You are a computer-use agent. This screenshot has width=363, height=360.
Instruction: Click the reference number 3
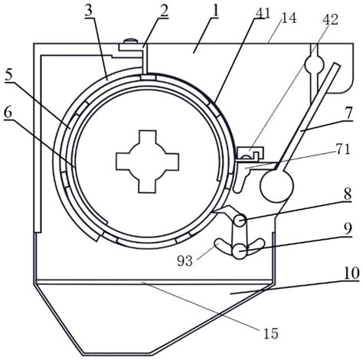click(x=90, y=11)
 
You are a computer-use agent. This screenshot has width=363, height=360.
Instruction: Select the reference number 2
click(x=163, y=11)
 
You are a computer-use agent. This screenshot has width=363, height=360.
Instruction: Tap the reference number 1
click(x=215, y=11)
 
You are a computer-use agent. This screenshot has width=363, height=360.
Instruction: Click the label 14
click(x=289, y=18)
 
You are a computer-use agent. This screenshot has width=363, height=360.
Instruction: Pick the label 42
click(x=331, y=20)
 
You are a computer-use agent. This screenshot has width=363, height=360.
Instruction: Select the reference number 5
click(x=9, y=75)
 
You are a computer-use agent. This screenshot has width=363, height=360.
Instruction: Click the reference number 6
click(x=8, y=113)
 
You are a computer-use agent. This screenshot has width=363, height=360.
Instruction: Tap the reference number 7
click(x=348, y=113)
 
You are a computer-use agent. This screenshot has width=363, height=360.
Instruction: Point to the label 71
click(x=343, y=149)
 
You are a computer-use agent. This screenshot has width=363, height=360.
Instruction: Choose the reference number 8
click(x=348, y=195)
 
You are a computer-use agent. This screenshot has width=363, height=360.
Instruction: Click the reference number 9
click(x=348, y=229)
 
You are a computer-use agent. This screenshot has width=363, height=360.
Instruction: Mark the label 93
click(x=185, y=261)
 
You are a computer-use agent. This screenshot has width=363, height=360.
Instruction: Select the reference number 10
click(x=352, y=273)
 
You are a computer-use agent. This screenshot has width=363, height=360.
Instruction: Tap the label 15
click(x=271, y=333)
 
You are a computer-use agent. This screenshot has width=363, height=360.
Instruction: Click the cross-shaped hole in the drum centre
click(x=148, y=162)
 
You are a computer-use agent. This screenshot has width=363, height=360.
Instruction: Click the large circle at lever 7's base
click(x=276, y=186)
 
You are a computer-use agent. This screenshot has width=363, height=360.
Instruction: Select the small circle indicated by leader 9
click(x=240, y=251)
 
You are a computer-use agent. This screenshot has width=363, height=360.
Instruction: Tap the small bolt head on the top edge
click(x=130, y=41)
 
